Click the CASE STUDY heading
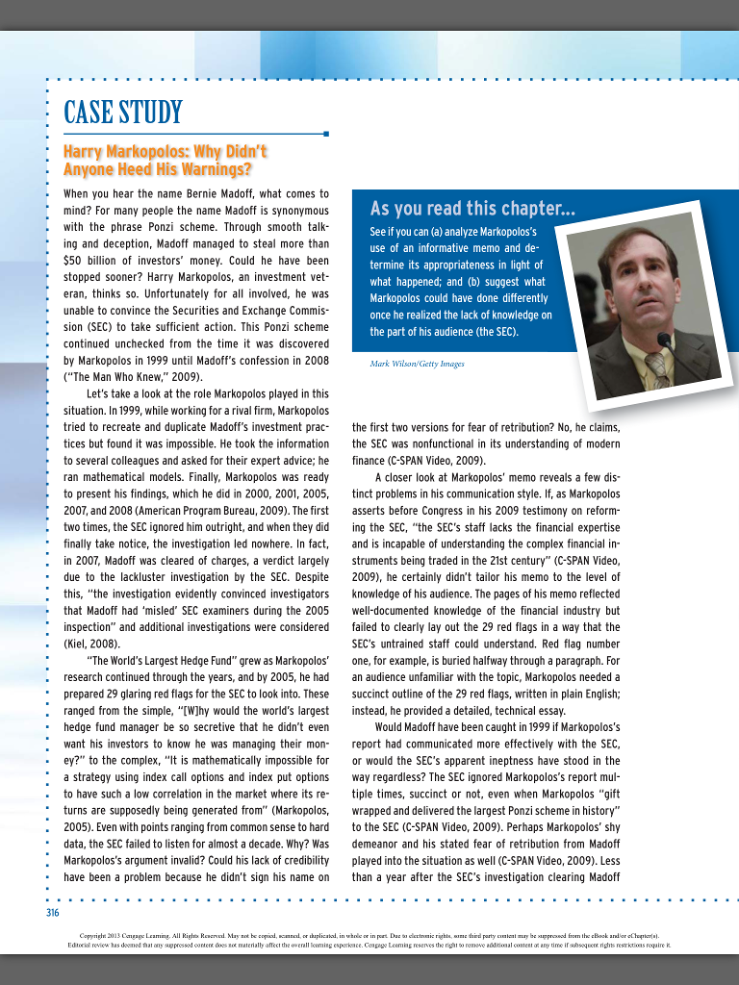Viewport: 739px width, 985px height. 122,113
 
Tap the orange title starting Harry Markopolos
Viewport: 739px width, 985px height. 164,161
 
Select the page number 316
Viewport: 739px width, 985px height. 53,912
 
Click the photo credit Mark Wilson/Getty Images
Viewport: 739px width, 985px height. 417,364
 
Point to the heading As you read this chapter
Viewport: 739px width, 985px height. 472,209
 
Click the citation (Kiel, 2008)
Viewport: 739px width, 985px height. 92,643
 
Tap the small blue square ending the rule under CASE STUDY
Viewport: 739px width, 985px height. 327,134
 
